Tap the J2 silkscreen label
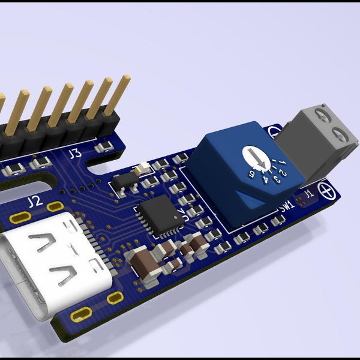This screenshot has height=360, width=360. click(x=35, y=200)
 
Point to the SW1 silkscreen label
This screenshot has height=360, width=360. click(x=287, y=207)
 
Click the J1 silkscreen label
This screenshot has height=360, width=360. click(x=308, y=194)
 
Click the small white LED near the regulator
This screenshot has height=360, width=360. click(x=142, y=169)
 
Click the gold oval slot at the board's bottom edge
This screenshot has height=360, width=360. click(x=80, y=313)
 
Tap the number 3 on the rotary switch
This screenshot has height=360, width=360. click(x=275, y=177)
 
